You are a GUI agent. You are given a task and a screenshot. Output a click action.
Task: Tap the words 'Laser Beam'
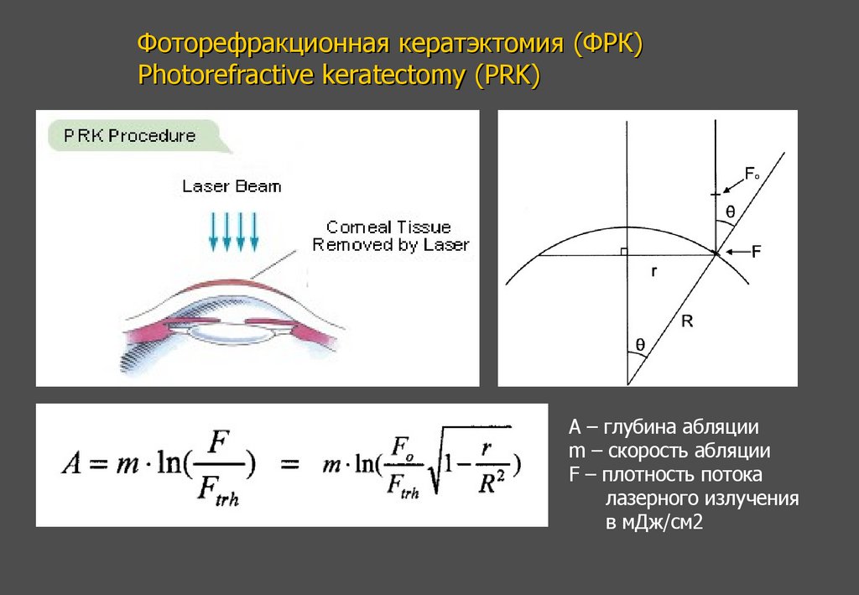[232, 186]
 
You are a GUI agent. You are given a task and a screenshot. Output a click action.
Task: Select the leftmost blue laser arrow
[213, 232]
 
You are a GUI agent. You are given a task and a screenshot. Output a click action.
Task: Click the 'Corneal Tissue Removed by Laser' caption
[389, 236]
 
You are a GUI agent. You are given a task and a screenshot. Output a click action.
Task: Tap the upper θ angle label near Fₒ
[730, 213]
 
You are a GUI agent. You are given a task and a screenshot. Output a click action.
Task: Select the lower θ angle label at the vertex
[640, 343]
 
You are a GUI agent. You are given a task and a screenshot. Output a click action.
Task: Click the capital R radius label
[686, 319]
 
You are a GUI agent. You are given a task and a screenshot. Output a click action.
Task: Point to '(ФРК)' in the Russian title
[608, 43]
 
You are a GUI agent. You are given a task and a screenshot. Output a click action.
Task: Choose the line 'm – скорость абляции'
[669, 451]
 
